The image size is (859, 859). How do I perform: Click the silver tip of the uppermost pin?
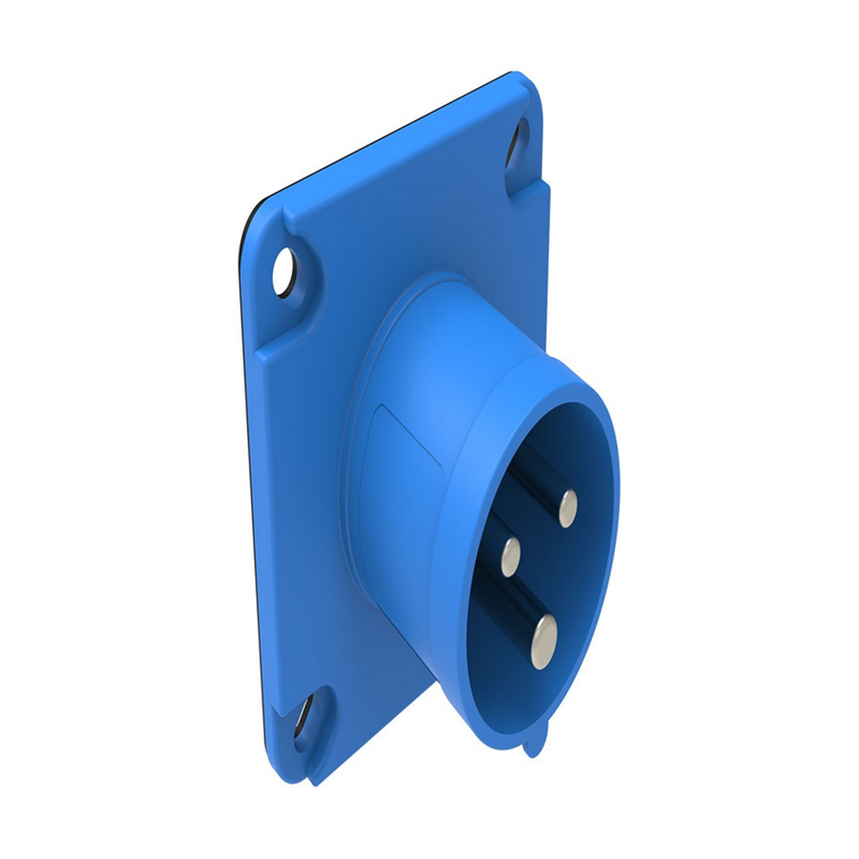[568, 508]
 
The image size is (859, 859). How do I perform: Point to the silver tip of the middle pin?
[512, 555]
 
